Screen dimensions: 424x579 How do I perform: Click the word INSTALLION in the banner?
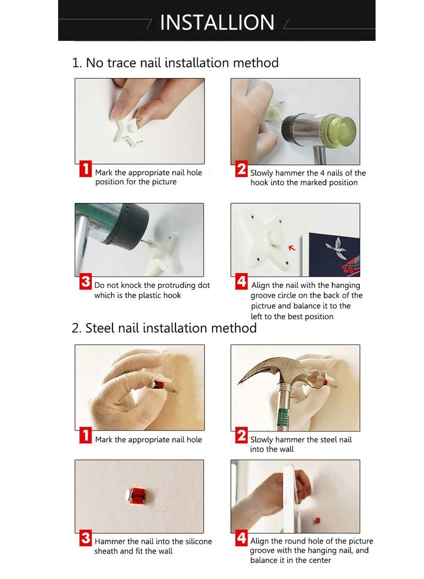(217, 22)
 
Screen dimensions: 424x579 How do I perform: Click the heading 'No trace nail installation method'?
(182, 63)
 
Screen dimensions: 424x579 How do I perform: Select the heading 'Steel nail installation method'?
(171, 328)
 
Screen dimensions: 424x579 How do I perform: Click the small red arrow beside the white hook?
(291, 248)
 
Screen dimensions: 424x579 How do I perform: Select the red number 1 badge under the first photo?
(86, 169)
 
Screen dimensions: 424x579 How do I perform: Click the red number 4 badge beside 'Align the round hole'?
(242, 538)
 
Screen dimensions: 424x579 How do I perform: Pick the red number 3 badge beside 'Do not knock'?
(86, 282)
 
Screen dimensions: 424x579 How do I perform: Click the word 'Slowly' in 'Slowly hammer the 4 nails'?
(262, 173)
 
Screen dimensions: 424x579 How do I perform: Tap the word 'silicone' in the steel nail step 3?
(199, 541)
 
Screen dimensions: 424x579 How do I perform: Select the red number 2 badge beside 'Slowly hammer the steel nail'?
(242, 436)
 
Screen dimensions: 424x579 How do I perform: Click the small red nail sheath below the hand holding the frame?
(316, 521)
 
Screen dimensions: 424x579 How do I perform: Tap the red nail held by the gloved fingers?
(162, 386)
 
